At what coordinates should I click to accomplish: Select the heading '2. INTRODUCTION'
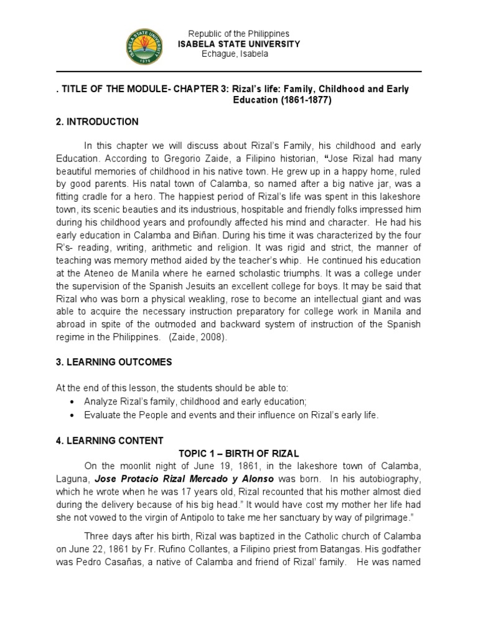(97, 121)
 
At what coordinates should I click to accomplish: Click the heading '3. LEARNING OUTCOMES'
(114, 362)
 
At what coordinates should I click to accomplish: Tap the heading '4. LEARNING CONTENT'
(110, 441)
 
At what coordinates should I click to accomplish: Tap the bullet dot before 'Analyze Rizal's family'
(75, 400)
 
